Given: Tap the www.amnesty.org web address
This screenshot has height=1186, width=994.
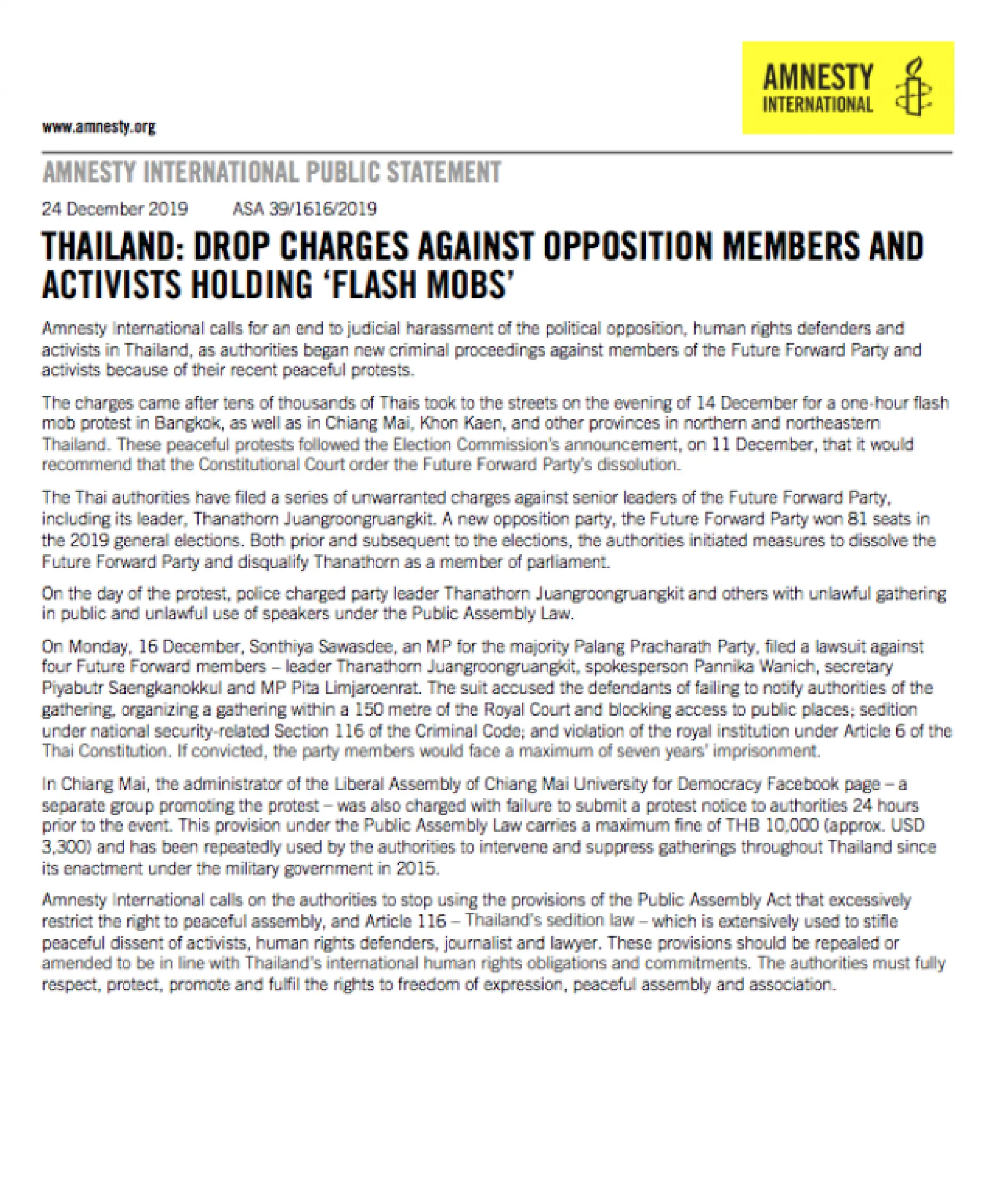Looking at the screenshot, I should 99,127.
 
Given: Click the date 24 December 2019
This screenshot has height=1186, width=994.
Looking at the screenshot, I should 115,209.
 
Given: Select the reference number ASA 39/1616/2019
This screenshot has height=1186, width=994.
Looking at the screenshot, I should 305,209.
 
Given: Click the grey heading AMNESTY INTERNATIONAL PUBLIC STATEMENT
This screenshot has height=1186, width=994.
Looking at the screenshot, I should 272,173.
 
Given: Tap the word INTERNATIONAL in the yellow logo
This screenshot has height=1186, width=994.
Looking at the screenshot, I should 817,104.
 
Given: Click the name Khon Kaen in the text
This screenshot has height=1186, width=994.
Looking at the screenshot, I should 460,423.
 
